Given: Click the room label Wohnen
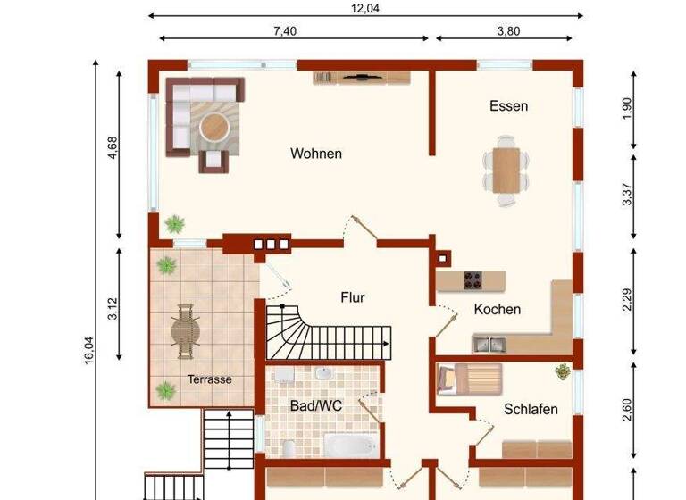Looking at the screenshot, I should point(316,154).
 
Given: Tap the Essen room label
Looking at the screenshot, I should point(508,106).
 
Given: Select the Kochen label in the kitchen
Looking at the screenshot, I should point(498,310).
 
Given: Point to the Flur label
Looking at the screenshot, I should point(353,297).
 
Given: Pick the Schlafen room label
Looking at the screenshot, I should point(531,410).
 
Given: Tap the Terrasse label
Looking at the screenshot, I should point(209,379).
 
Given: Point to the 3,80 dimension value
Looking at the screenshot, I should point(507,31).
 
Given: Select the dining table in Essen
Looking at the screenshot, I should point(506,170).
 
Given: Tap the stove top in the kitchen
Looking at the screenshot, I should point(473,279).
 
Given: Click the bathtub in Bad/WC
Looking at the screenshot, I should point(348,444).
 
